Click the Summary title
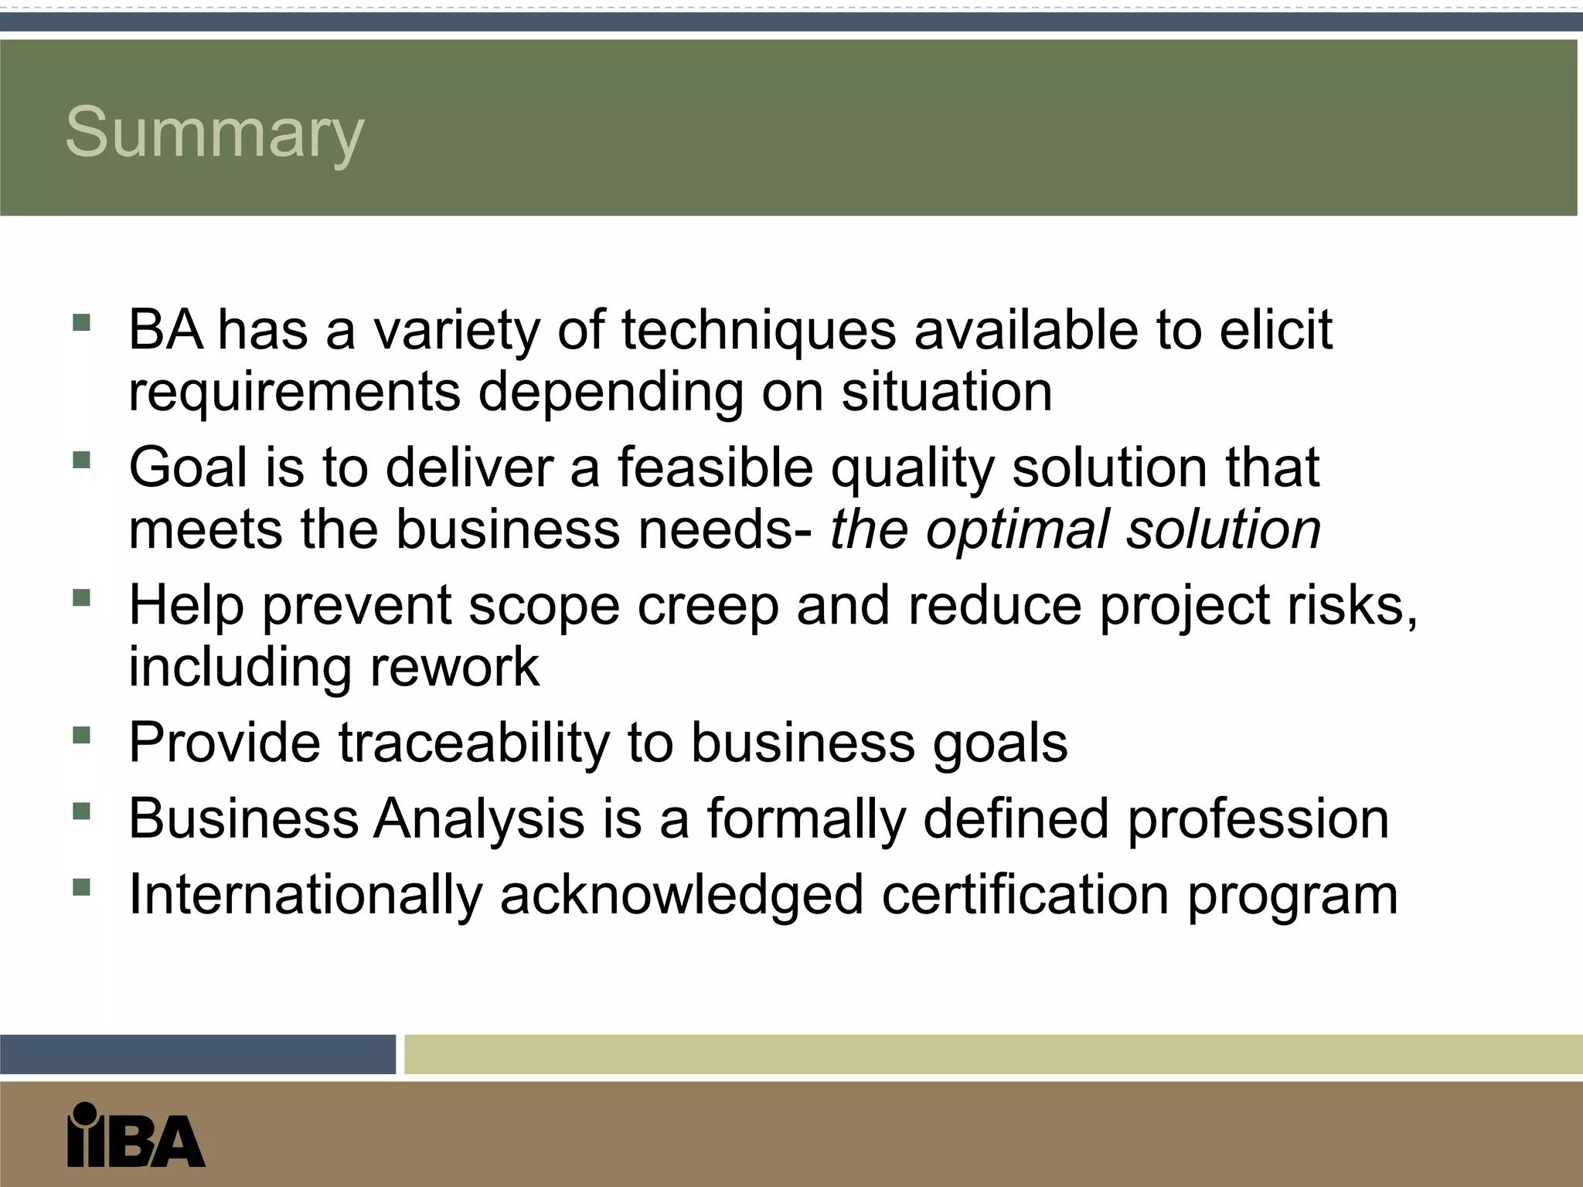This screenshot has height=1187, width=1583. coord(214,133)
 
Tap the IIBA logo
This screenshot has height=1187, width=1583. coord(136,1134)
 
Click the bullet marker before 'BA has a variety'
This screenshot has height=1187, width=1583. coord(81,322)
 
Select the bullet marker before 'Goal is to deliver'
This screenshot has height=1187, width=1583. coord(81,461)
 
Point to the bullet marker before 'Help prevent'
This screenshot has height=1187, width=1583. coord(81,597)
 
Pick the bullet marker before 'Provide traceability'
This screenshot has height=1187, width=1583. coord(81,734)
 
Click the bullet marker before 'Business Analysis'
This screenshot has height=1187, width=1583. coord(81,811)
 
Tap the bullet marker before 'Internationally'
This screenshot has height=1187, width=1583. coord(81,886)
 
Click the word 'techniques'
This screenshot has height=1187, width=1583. coord(758,331)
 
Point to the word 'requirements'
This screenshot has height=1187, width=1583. coord(294,393)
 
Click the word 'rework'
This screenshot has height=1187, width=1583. coord(454,667)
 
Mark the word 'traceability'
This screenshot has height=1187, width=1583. coord(474,743)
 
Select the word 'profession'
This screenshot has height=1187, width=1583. coord(1258,819)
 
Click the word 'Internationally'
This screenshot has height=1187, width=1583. coord(305,895)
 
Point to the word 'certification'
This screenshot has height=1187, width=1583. coord(1025,895)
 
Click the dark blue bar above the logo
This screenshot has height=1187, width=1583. coord(197,1054)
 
